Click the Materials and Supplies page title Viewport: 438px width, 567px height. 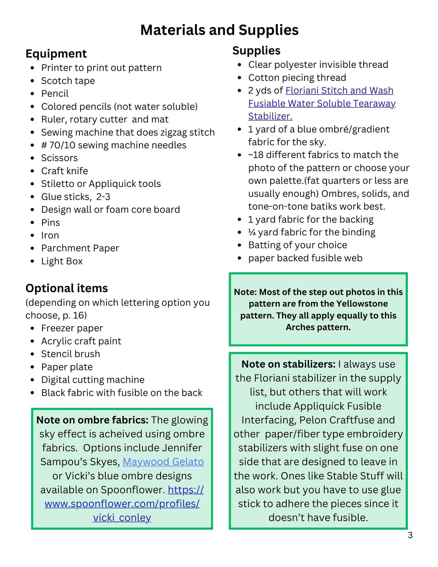(219, 30)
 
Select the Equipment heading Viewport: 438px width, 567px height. (56, 54)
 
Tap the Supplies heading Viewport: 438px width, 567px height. (256, 51)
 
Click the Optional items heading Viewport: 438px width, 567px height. (66, 288)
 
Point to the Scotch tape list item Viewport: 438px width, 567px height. (68, 81)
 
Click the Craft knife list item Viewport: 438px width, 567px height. (65, 171)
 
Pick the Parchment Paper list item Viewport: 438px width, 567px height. (80, 248)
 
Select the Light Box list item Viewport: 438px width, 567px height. (62, 261)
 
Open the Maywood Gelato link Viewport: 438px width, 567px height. (163, 462)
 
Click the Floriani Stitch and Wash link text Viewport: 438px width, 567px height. (339, 91)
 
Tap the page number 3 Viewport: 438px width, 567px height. (410, 535)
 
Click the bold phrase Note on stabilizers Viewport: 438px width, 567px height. (288, 364)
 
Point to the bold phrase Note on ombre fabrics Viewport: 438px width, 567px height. (92, 420)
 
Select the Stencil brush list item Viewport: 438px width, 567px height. (70, 354)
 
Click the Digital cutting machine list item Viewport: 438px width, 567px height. (93, 380)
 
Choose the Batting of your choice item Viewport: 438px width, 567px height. (298, 245)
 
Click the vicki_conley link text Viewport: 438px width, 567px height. (122, 518)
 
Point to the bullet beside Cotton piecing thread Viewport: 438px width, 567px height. (240, 78)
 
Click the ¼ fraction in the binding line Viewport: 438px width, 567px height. (252, 232)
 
